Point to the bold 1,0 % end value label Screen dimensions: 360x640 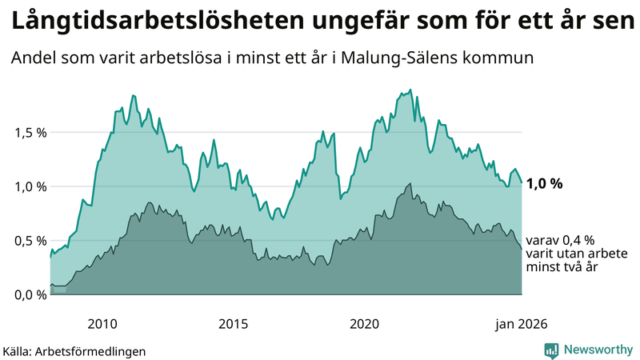click(544, 183)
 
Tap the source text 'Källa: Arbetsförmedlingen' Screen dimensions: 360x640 click(74, 351)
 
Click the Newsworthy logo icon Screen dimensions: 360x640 click(551, 350)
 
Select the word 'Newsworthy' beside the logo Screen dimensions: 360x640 click(597, 350)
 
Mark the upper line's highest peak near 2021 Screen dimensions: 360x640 click(410, 90)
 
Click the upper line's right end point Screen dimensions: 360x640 click(522, 182)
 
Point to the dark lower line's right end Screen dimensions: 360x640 click(522, 249)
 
